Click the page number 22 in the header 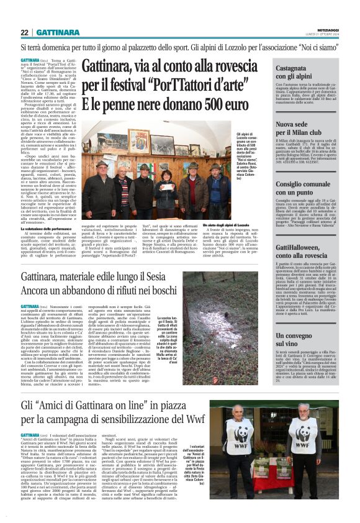pos(24,32)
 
